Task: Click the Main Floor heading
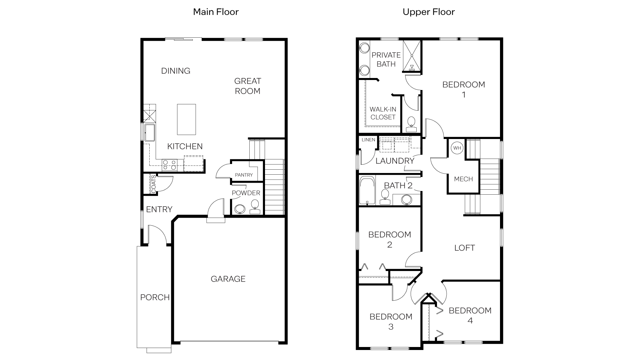click(216, 12)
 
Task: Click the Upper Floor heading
click(428, 12)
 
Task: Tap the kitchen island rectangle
click(186, 119)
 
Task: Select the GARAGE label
click(228, 279)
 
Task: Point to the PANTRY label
click(244, 175)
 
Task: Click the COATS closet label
click(153, 184)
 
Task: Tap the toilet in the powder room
click(255, 207)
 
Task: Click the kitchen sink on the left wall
click(149, 132)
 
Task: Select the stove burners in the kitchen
click(169, 165)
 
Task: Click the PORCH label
click(155, 297)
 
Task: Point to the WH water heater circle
click(457, 148)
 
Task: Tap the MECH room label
click(463, 179)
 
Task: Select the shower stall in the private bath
click(412, 56)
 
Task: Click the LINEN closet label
click(368, 140)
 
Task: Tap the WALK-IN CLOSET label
click(383, 113)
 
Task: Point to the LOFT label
click(464, 248)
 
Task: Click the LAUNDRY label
click(395, 161)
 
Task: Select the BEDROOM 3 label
click(391, 322)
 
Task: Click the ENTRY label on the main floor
click(159, 209)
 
